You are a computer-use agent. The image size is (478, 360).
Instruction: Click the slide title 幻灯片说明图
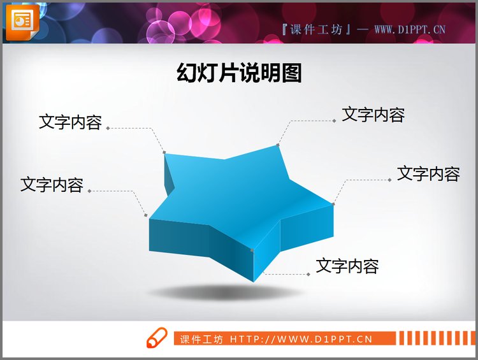pyautogui.click(x=239, y=74)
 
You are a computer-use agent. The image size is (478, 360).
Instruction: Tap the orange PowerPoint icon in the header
pyautogui.click(x=21, y=20)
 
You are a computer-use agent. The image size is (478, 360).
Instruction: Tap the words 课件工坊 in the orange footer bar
pyautogui.click(x=201, y=339)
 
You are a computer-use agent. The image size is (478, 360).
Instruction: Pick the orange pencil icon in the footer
pyautogui.click(x=156, y=338)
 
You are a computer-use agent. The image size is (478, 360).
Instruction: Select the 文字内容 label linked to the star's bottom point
pyautogui.click(x=347, y=266)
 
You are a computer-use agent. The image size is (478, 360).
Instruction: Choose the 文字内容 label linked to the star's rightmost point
pyautogui.click(x=428, y=173)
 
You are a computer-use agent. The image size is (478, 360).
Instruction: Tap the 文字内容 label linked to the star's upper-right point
pyautogui.click(x=373, y=115)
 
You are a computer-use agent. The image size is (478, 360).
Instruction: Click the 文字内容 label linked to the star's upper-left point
pyautogui.click(x=70, y=122)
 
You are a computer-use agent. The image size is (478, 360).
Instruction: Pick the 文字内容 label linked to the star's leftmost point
pyautogui.click(x=52, y=185)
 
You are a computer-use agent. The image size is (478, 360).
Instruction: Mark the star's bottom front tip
pyautogui.click(x=253, y=250)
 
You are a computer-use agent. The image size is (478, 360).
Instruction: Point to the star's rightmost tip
pyautogui.click(x=333, y=204)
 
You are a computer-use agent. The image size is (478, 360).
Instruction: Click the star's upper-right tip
pyautogui.click(x=278, y=145)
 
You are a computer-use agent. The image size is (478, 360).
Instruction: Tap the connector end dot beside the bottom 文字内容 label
pyautogui.click(x=308, y=274)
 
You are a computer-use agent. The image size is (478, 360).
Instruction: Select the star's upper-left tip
pyautogui.click(x=164, y=152)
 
